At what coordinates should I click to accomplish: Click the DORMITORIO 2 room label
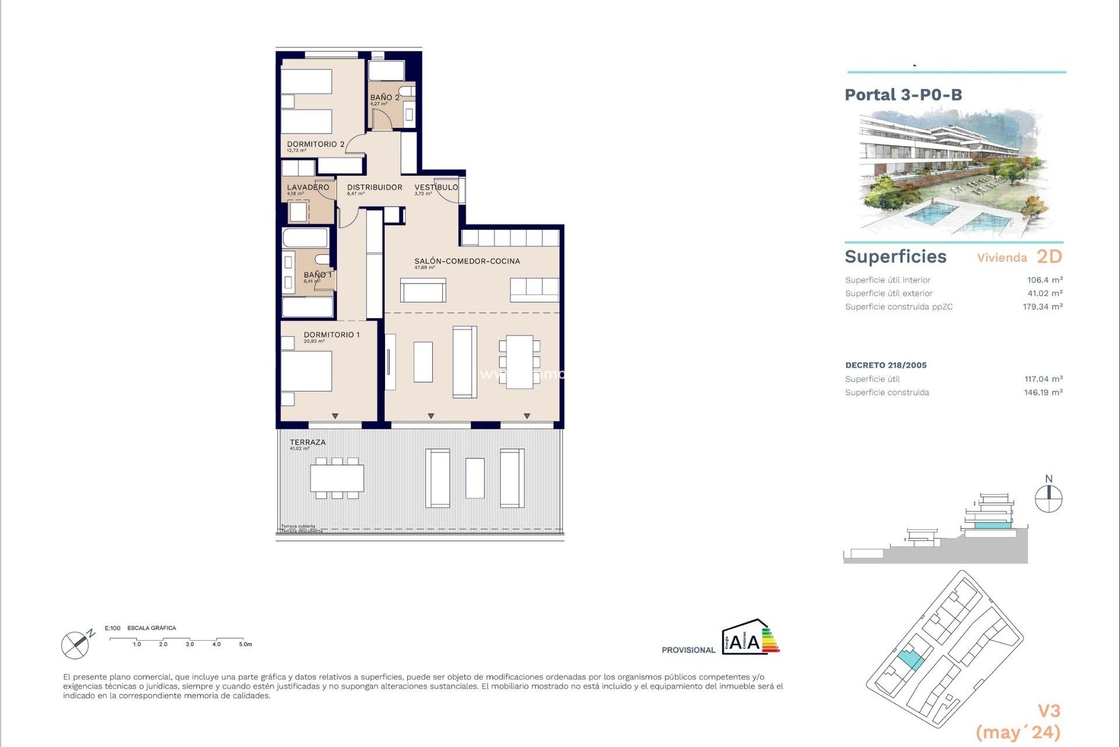click(315, 144)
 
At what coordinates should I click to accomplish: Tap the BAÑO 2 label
click(384, 97)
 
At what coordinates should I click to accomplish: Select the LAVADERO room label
click(307, 187)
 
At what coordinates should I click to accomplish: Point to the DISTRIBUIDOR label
click(374, 187)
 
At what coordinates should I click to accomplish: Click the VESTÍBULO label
click(436, 187)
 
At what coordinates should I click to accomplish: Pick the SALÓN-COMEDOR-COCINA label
click(467, 261)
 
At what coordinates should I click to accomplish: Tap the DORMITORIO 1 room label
click(331, 335)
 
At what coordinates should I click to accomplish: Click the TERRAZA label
click(307, 442)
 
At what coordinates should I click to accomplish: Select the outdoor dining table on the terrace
click(337, 478)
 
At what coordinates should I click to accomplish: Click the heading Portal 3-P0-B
click(903, 95)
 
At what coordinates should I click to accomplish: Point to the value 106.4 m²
click(1044, 280)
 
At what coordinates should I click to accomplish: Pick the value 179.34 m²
click(1042, 307)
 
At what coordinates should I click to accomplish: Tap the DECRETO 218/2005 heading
click(885, 365)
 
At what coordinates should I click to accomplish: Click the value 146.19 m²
click(1042, 393)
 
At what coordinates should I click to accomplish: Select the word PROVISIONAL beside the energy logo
click(688, 650)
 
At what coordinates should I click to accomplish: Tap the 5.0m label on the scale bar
click(245, 644)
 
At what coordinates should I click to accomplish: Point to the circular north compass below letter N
click(1048, 500)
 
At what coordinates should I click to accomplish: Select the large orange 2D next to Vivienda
click(1049, 257)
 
